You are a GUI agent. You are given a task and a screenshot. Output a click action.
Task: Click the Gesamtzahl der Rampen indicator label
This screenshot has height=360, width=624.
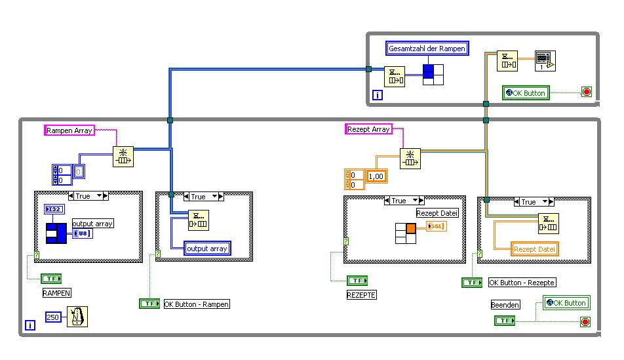coord(427,48)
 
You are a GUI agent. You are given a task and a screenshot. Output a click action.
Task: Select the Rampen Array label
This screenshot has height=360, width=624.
coord(69,130)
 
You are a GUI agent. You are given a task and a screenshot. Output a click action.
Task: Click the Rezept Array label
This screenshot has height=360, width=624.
coord(368,129)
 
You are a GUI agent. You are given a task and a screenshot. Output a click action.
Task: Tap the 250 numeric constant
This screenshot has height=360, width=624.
coord(53,317)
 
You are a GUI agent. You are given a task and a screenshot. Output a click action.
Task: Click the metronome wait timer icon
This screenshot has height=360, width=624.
coord(77,316)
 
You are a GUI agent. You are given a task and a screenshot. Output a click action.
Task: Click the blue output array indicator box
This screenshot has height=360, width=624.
coord(207,249)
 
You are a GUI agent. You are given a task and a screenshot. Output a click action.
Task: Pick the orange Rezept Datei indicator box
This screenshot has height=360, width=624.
coord(534,249)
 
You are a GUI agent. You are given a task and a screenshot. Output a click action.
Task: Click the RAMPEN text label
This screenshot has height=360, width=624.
coord(56,293)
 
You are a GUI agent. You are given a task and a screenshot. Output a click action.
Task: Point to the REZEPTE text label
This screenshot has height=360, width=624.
coord(362,295)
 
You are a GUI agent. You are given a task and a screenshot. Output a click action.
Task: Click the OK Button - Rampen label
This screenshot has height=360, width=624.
coord(197,304)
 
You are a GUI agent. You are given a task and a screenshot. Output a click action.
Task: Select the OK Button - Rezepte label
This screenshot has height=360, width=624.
coord(522,283)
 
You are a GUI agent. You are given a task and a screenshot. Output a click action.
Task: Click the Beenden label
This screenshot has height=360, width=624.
coord(505,305)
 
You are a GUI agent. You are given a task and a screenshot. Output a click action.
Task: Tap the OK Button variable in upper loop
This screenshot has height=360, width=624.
coord(526,93)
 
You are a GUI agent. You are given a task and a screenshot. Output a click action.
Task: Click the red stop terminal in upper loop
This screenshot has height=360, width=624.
coord(585,93)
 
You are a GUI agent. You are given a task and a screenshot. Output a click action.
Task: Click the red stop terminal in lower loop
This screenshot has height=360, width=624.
coord(585,321)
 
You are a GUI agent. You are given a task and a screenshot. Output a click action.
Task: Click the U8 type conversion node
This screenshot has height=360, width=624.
coord(82,233)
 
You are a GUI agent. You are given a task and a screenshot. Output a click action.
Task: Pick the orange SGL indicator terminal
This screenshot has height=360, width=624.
coord(436,226)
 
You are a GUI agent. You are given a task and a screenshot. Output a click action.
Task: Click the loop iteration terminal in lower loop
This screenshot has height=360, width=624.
coord(29,325)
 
